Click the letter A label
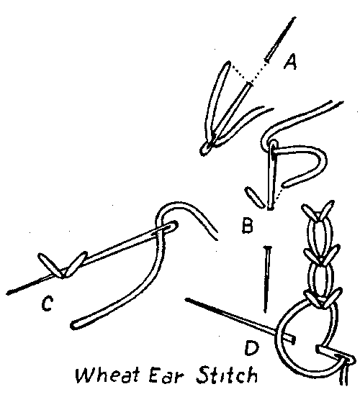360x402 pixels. [x=290, y=62]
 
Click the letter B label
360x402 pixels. [x=248, y=225]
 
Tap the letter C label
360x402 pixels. [x=47, y=303]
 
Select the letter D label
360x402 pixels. [x=251, y=347]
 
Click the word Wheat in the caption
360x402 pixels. [x=108, y=375]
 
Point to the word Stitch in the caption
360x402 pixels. [x=226, y=375]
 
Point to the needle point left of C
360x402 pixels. [x=9, y=293]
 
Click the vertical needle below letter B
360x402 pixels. [x=267, y=280]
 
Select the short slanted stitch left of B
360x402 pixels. [x=255, y=197]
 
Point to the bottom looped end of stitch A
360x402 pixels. [x=204, y=150]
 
